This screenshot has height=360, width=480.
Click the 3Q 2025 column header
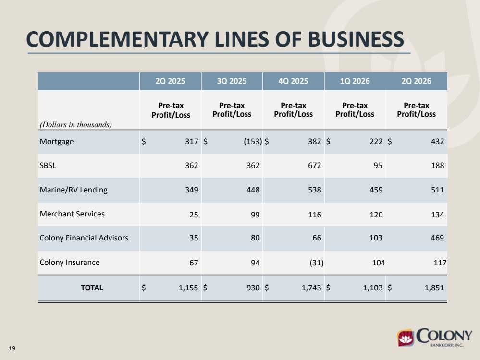point(232,81)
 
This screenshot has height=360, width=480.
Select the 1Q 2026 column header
point(355,81)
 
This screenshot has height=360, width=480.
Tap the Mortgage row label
point(57,142)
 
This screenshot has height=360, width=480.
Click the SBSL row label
point(48,166)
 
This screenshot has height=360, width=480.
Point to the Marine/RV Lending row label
point(74,190)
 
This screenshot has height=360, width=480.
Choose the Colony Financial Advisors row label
point(84,238)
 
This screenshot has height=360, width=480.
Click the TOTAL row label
point(92,288)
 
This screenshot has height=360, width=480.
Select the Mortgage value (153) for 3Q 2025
point(253,141)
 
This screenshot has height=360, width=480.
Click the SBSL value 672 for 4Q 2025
point(314,166)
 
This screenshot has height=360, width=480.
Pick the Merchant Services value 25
point(194,215)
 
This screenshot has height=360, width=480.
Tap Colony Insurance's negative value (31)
point(317,263)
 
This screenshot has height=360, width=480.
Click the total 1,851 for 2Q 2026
point(434,288)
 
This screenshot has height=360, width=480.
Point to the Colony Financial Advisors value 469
point(437,238)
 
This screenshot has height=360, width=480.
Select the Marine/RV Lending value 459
point(376,190)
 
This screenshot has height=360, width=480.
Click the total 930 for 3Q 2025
point(253,288)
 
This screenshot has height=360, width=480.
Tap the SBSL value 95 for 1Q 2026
point(378,166)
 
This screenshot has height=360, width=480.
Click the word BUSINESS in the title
point(356,39)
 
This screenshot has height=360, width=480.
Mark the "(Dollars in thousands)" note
point(76,125)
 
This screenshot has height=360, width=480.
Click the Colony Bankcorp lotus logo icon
point(406,337)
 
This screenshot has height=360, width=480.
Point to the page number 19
point(12,348)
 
